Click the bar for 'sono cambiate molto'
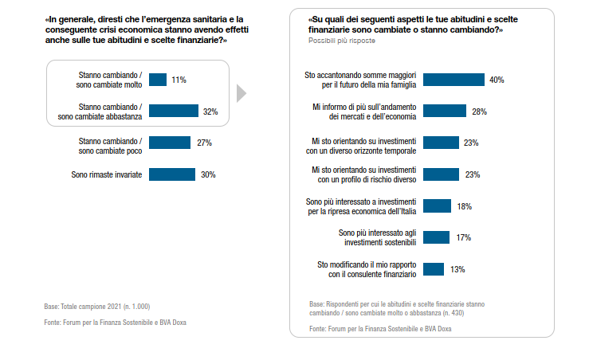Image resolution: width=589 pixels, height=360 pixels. tap(158, 80)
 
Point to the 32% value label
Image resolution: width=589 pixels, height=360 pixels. tap(211, 112)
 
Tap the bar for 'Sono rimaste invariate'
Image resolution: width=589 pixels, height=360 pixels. tap(172, 174)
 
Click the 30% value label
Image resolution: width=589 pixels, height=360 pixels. tap(208, 174)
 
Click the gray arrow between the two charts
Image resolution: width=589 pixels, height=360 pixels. tap(241, 94)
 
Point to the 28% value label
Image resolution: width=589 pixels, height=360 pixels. tap(479, 112)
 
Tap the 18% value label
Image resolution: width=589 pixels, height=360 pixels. tap(464, 206)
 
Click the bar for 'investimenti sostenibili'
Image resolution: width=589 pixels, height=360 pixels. tap(436, 237)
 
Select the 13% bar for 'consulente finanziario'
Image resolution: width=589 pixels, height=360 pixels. tap(434, 269)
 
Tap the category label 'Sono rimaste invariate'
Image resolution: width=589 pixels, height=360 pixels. tap(106, 174)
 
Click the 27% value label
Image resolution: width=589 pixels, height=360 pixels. tap(203, 143)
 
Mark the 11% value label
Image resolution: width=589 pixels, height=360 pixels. tap(179, 80)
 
